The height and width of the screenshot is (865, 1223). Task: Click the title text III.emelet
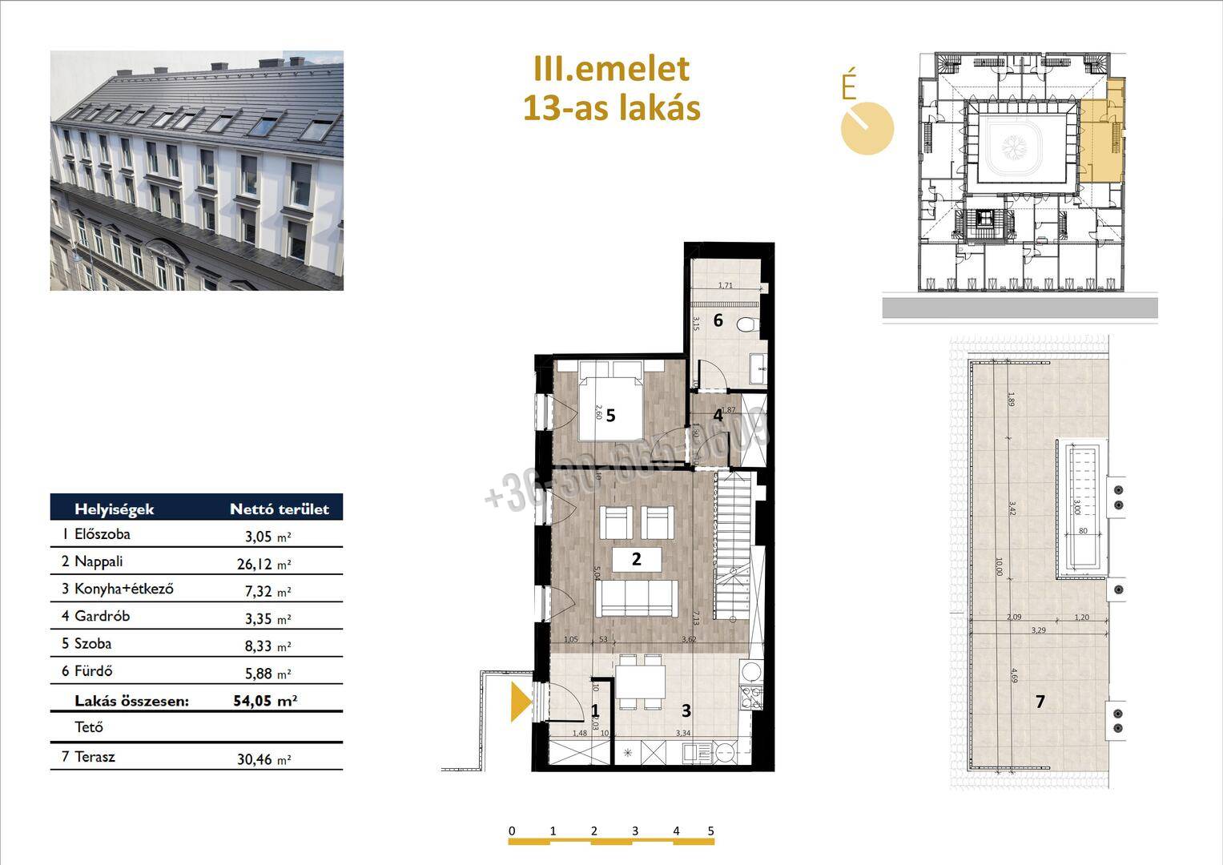click(x=611, y=69)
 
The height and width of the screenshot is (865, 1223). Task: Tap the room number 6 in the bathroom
click(x=718, y=320)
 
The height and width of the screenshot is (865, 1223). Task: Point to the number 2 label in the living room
click(x=637, y=559)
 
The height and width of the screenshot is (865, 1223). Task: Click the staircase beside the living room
click(x=734, y=545)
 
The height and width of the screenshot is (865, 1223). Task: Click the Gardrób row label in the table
click(x=102, y=616)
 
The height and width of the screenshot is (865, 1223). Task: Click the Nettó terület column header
click(x=279, y=509)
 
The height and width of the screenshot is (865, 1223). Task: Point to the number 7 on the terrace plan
click(x=1040, y=702)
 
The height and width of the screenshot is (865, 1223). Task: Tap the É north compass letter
click(x=849, y=86)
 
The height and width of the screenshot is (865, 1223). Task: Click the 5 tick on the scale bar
click(x=711, y=831)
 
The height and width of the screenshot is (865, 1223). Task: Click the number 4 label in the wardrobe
click(x=718, y=415)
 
